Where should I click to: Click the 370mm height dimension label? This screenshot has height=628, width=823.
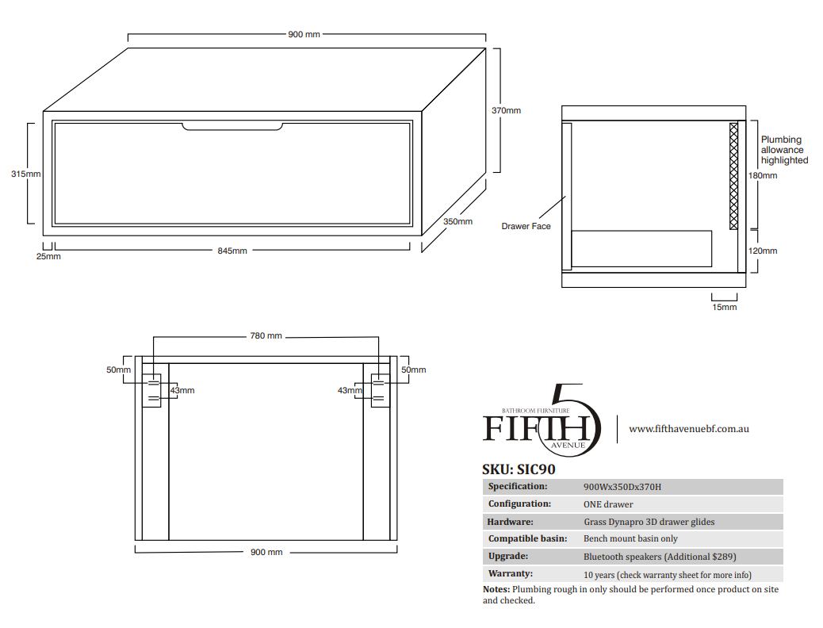pyautogui.click(x=506, y=110)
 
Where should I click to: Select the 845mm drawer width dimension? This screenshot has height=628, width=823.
pyautogui.click(x=232, y=251)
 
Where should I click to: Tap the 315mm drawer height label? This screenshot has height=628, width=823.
pyautogui.click(x=25, y=174)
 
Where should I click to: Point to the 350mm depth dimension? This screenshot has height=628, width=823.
pyautogui.click(x=457, y=221)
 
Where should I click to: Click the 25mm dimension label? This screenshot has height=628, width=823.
pyautogui.click(x=48, y=256)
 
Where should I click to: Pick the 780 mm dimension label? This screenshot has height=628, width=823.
pyautogui.click(x=266, y=335)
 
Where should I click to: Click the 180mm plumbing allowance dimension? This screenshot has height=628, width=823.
pyautogui.click(x=763, y=175)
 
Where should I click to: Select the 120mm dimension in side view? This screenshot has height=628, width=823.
pyautogui.click(x=763, y=251)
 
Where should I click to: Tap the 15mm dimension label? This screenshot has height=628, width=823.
pyautogui.click(x=725, y=307)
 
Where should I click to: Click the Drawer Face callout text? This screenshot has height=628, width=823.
pyautogui.click(x=526, y=226)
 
